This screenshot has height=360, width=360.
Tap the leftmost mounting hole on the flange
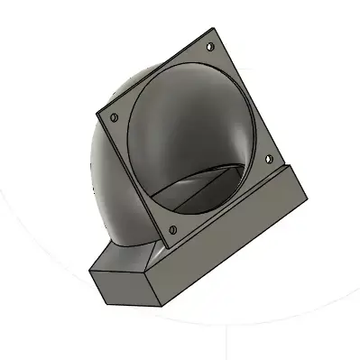115,117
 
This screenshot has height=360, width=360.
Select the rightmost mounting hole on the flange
267,156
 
